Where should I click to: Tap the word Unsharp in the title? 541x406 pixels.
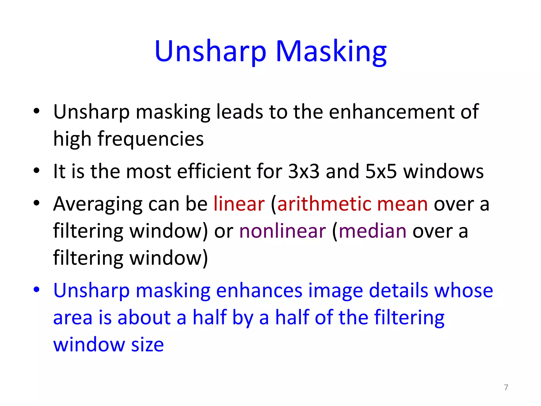[210, 51]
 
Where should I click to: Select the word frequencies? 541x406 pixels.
[151, 139]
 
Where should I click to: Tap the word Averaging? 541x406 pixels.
[98, 205]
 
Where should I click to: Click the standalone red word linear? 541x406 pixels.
[239, 204]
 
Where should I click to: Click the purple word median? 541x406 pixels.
[372, 231]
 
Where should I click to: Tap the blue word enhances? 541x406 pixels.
[259, 290]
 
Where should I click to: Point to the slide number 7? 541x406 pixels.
[506, 387]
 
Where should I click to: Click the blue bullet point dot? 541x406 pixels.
[36, 289]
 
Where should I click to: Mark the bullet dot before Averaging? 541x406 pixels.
[36, 203]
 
